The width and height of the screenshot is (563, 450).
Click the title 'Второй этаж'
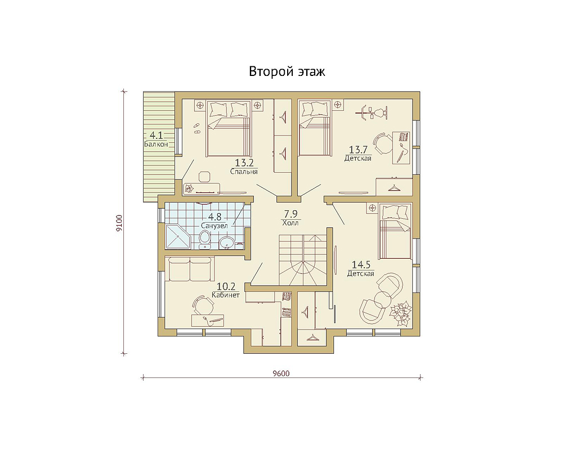tap(287, 71)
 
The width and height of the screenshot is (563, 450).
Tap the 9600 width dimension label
tap(281, 373)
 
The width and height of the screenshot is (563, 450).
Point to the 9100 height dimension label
tap(119, 223)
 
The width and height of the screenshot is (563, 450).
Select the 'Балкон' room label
tap(156, 144)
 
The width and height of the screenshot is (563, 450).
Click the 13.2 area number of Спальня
tap(244, 163)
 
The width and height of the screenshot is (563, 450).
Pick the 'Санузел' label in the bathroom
tap(214, 226)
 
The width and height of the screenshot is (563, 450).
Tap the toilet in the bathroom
tap(205, 240)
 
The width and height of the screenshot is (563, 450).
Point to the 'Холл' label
tap(290, 223)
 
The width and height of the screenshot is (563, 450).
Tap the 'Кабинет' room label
tap(226, 295)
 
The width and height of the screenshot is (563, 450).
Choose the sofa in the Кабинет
tap(189, 269)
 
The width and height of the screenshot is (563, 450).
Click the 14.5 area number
tap(361, 265)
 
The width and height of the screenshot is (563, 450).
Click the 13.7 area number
tap(359, 149)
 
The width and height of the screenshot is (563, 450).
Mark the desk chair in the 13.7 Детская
tap(383, 142)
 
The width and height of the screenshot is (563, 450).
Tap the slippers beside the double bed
tap(196, 128)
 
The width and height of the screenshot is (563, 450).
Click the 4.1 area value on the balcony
tap(156, 136)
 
